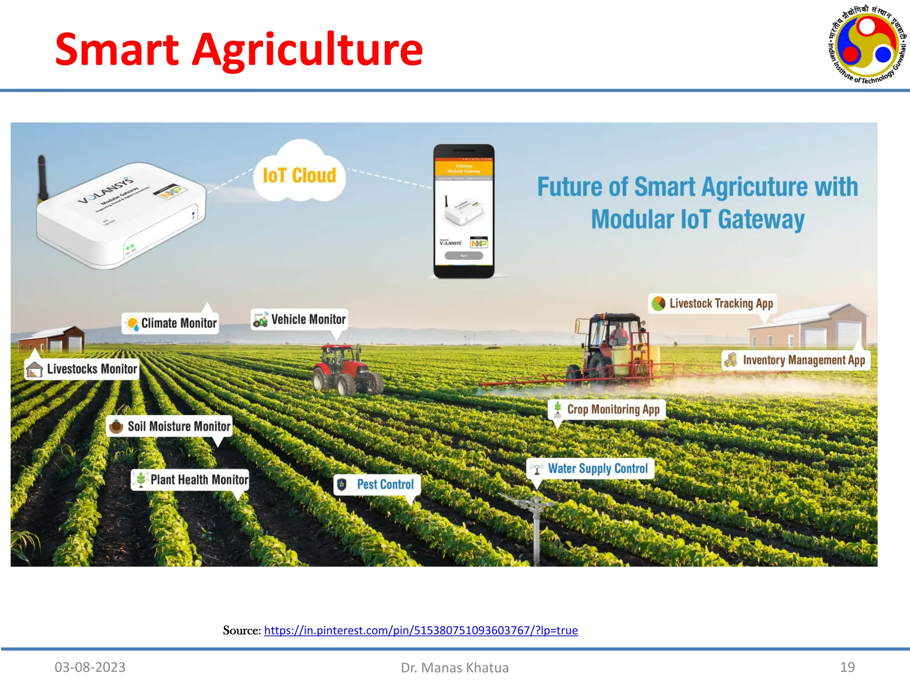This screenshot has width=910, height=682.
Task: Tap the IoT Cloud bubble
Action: point(299,175)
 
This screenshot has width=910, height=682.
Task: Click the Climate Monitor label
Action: point(171,323)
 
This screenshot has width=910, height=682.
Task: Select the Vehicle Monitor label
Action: point(299,319)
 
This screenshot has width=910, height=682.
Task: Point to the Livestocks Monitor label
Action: point(82,369)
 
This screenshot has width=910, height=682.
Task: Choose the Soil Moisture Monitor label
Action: point(169,426)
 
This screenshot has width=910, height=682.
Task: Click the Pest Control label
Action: point(377,484)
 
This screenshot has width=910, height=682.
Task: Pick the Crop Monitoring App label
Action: point(607,409)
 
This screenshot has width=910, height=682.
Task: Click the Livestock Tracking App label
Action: point(713,303)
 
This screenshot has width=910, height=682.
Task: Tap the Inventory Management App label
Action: point(795,360)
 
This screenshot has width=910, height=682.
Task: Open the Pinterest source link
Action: point(421,630)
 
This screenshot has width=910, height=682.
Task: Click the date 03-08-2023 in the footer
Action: point(90,667)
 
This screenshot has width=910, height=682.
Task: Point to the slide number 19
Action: point(847,667)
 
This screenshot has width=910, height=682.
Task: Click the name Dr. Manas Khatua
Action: point(455,667)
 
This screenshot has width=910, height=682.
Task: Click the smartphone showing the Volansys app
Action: point(464,211)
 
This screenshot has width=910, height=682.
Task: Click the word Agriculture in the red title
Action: point(307,50)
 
